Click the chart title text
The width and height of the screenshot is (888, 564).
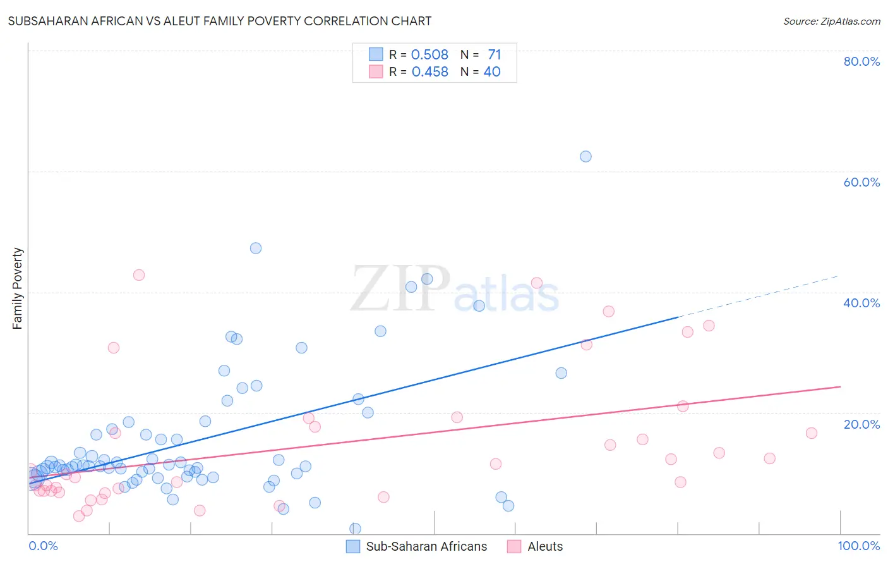[x=220, y=21]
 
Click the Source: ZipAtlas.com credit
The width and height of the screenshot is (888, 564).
[x=831, y=21]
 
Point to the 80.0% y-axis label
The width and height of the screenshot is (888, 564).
[x=861, y=61]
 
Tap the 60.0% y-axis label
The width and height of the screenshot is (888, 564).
[x=861, y=182]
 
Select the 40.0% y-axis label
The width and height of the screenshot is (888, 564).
[x=861, y=303]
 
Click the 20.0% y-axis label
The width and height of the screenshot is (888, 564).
[x=861, y=424]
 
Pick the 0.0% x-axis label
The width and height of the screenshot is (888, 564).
[x=43, y=546]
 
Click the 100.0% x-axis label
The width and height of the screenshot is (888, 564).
[x=858, y=546]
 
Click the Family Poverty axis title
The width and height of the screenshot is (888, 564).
[x=18, y=288]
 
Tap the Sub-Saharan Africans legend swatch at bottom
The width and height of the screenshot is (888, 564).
[x=353, y=546]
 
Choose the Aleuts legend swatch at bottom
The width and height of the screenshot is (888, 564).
[x=514, y=546]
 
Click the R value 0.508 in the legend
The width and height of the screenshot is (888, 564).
[x=429, y=55]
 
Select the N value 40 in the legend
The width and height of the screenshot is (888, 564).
[x=492, y=72]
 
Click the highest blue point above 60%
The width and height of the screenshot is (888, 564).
[x=585, y=156]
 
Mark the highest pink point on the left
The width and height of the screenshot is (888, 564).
[x=139, y=275]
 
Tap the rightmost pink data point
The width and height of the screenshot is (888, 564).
[x=812, y=433]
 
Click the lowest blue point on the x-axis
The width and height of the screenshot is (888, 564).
[x=355, y=529]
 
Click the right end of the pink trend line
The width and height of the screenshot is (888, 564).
[x=840, y=386]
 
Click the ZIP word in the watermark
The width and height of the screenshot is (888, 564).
[x=400, y=289]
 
